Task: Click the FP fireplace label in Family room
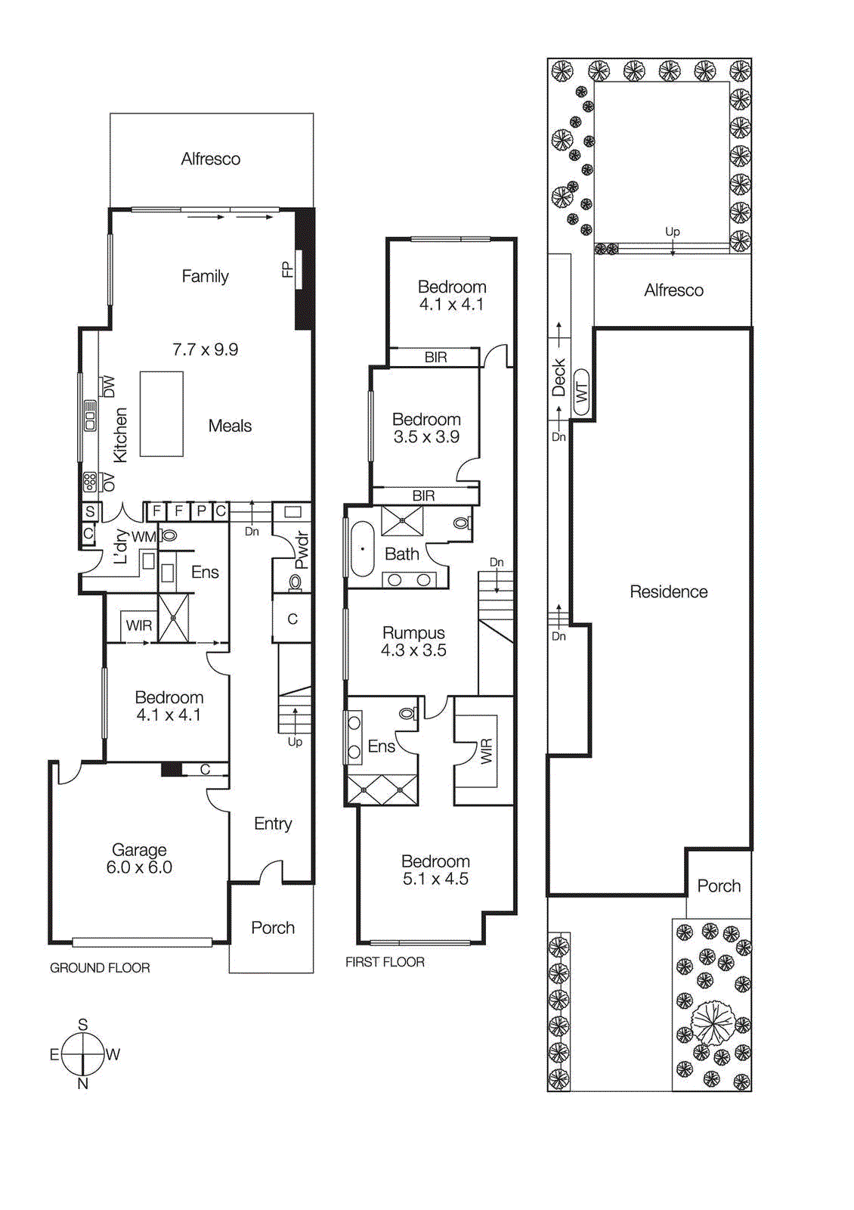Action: point(287,269)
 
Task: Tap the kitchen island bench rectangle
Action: point(162,414)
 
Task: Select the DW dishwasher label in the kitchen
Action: point(109,386)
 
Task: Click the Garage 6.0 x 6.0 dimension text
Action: point(139,867)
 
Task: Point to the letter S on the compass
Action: point(82,1025)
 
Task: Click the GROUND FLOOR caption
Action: point(100,968)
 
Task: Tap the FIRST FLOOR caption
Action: point(385,962)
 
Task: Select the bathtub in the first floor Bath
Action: point(363,548)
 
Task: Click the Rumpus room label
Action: point(413,633)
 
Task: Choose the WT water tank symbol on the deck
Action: point(581,392)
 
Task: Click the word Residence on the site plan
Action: point(669,592)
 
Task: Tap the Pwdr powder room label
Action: point(302,550)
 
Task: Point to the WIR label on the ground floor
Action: point(139,625)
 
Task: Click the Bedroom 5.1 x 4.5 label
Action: point(435,870)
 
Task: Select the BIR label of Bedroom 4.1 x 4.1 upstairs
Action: point(435,357)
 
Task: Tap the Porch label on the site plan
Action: point(719,886)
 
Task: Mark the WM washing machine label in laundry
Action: point(143,537)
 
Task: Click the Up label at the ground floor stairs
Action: point(295,742)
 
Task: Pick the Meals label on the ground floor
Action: point(230,426)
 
